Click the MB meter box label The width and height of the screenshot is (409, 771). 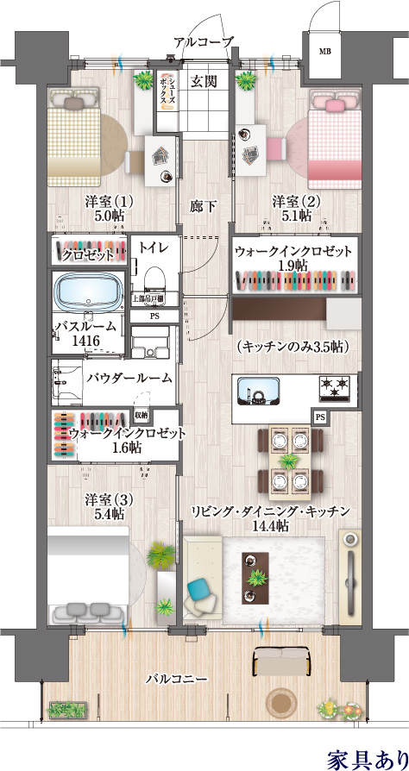324,51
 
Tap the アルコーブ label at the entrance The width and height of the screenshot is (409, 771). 203,41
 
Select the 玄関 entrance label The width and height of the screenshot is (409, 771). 204,82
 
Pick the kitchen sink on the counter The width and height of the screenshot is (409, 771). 259,391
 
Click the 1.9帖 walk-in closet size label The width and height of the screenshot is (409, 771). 294,266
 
